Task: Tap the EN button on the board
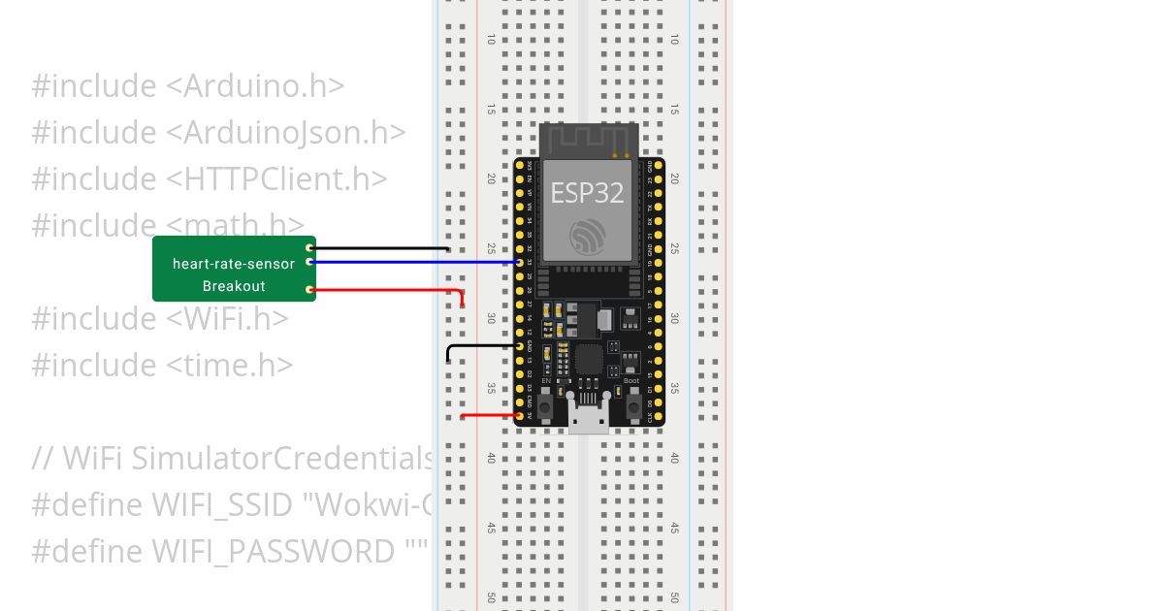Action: [x=546, y=404]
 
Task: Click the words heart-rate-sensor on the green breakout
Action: [x=234, y=264]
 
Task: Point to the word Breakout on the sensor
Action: [x=234, y=286]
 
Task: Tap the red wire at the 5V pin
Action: [x=490, y=416]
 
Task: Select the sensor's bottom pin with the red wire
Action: [x=309, y=289]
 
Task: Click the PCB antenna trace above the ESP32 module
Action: [x=588, y=138]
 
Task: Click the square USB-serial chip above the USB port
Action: [x=589, y=360]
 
